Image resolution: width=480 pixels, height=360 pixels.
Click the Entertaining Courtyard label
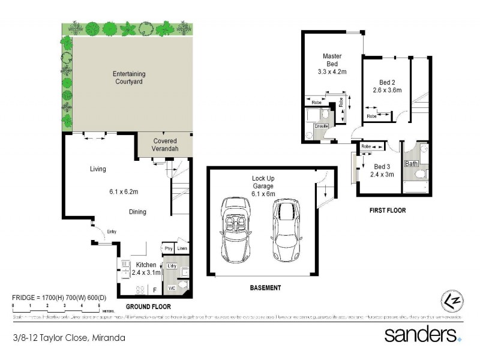click(x=129, y=77)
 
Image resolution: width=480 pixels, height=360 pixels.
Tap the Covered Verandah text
click(x=164, y=144)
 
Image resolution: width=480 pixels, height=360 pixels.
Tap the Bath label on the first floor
click(x=412, y=164)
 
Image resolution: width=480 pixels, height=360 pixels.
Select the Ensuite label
click(x=321, y=127)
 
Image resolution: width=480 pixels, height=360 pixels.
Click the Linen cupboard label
click(x=182, y=248)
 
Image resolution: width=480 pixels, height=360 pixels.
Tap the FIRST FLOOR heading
click(x=388, y=211)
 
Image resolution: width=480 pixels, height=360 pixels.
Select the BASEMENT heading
click(x=265, y=288)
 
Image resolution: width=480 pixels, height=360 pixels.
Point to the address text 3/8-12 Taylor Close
click(x=69, y=338)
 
